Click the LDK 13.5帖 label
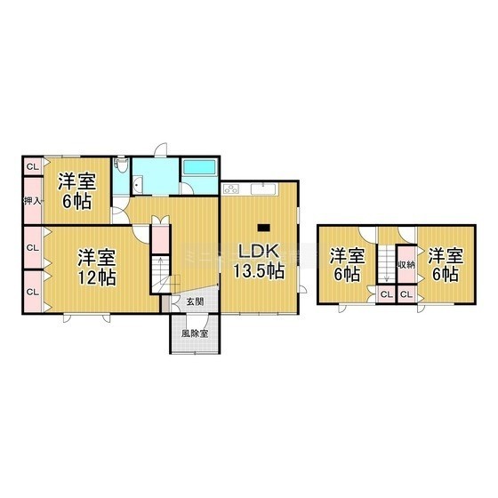tap(259, 261)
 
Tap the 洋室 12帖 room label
tap(97, 268)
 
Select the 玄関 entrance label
tap(195, 301)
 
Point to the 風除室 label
tap(195, 333)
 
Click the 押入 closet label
tap(32, 201)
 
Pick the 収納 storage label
tap(406, 264)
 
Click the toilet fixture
tap(121, 165)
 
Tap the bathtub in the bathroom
tap(199, 167)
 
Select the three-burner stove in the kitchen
tap(231, 189)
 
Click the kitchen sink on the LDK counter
tap(264, 189)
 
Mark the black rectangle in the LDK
tap(263, 228)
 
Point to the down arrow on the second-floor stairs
tap(387, 271)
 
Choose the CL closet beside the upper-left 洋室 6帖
tap(33, 166)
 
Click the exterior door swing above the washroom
tap(161, 149)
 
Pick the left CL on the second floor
tap(386, 294)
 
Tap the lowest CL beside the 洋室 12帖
tap(33, 292)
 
